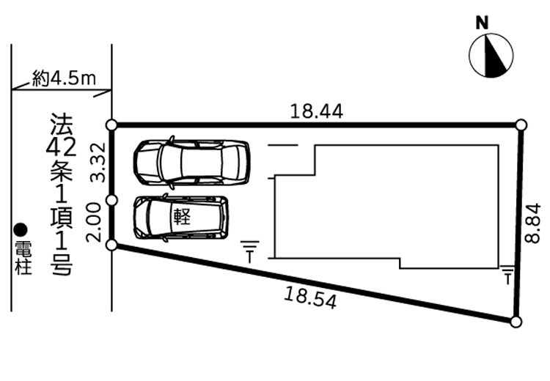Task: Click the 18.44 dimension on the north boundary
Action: click(316, 111)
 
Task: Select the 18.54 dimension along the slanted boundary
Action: click(310, 297)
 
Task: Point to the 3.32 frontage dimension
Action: click(98, 162)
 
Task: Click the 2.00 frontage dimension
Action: click(94, 223)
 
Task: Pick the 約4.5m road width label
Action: click(65, 78)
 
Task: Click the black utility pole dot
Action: click(21, 230)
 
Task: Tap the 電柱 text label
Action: click(23, 258)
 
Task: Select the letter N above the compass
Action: click(482, 23)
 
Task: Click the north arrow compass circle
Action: click(491, 55)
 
